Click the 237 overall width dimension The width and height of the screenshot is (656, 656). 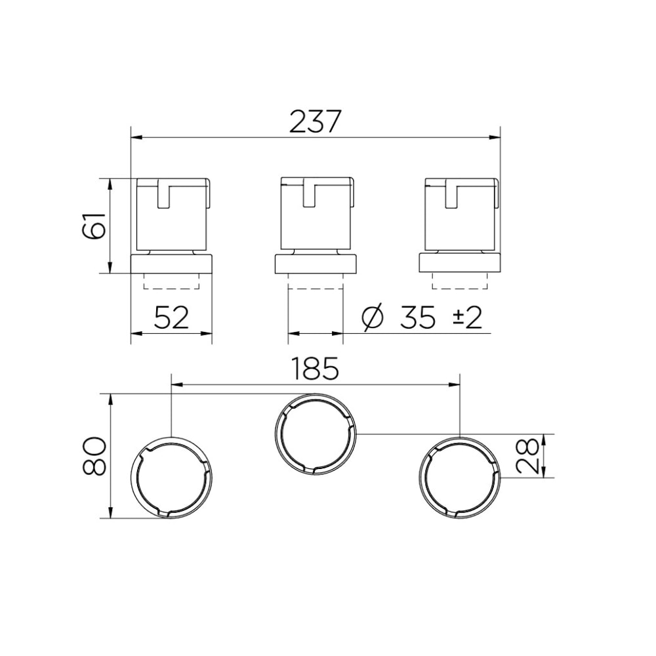[x=316, y=122]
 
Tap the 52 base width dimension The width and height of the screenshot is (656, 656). [x=171, y=318]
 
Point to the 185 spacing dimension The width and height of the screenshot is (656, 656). [x=316, y=369]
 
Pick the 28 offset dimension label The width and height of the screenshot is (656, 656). [x=529, y=455]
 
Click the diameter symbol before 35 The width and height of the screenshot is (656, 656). [x=373, y=318]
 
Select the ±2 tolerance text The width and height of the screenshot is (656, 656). [x=467, y=318]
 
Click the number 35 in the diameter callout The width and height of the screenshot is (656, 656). [x=417, y=318]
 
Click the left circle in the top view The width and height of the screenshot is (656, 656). [x=172, y=476]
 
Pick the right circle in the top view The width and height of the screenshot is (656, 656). [x=460, y=476]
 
